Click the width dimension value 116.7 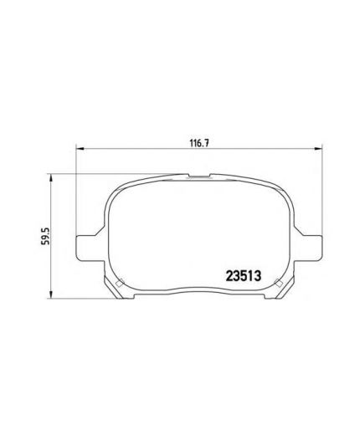coord(199,143)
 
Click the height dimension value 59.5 coord(45,236)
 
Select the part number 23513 coord(243,276)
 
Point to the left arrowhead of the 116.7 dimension coord(80,149)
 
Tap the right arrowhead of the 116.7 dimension coord(318,149)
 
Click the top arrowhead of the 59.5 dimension coord(50,178)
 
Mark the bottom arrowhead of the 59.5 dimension coord(50,294)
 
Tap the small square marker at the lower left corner coord(120,283)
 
